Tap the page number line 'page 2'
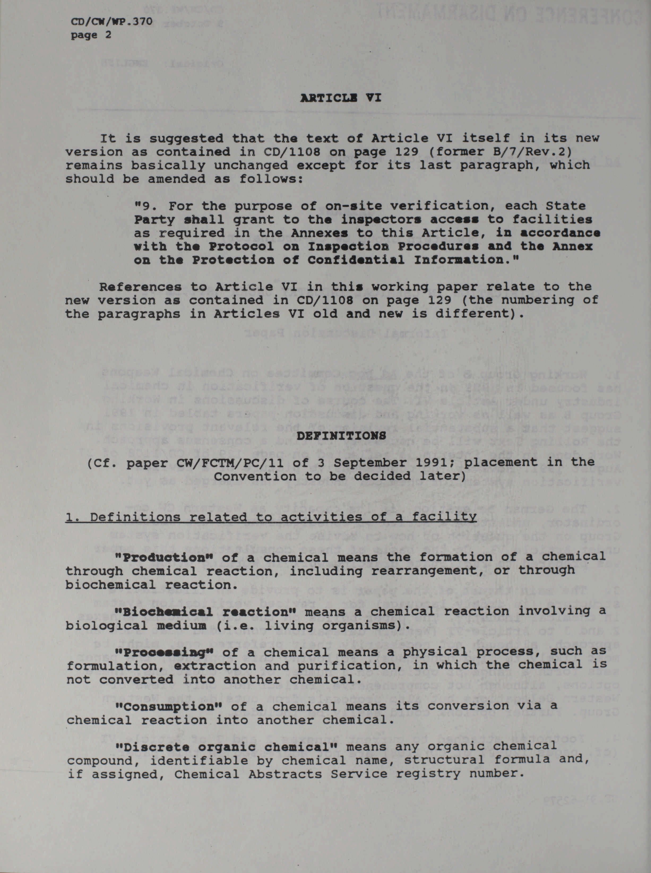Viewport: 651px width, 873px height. coord(91,35)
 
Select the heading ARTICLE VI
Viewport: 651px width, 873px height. coord(340,98)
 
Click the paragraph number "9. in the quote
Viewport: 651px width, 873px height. coord(146,206)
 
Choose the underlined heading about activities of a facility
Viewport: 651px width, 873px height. coord(271,516)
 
